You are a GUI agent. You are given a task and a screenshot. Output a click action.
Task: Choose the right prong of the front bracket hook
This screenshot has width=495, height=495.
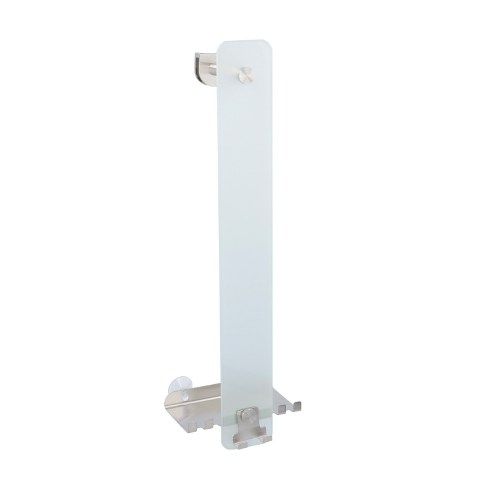click(x=268, y=439)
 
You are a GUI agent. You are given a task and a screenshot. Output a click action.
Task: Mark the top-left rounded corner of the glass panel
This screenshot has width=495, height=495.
click(x=222, y=46)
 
